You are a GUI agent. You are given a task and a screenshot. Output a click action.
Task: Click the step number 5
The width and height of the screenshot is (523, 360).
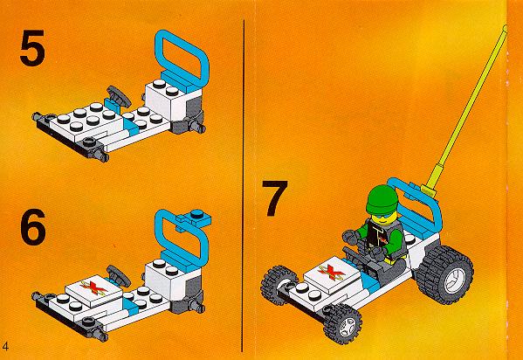pos(32,48)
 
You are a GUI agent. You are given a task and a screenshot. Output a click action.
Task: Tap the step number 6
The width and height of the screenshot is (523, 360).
pos(33,227)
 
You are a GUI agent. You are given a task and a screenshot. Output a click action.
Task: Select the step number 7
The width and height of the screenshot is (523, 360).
pos(274,198)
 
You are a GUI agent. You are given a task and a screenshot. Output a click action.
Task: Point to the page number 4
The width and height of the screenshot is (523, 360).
pos(5,346)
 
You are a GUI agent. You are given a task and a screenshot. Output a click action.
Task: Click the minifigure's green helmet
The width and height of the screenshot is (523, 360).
pos(382,199)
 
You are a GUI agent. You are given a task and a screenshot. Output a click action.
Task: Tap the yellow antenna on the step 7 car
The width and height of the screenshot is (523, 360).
pos(467,110)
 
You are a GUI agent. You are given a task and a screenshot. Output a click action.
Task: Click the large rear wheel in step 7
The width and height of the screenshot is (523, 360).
pos(444,274)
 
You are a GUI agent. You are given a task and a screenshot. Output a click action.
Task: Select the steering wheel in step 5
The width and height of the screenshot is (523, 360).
pos(119,96)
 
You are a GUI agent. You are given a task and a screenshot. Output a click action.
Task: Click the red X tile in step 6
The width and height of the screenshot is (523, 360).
pos(93,290)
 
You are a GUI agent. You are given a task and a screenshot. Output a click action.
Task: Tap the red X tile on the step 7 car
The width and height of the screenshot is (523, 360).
pos(332,271)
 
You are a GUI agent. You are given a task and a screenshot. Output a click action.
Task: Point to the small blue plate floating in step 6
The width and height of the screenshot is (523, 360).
pos(194,218)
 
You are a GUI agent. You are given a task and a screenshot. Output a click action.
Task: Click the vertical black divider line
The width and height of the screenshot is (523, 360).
pos(243,185)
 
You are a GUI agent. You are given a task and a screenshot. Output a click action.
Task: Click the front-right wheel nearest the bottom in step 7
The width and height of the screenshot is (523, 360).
pos(342,324)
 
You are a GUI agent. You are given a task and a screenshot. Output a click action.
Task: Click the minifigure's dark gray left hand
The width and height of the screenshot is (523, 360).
pos(350,237)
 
